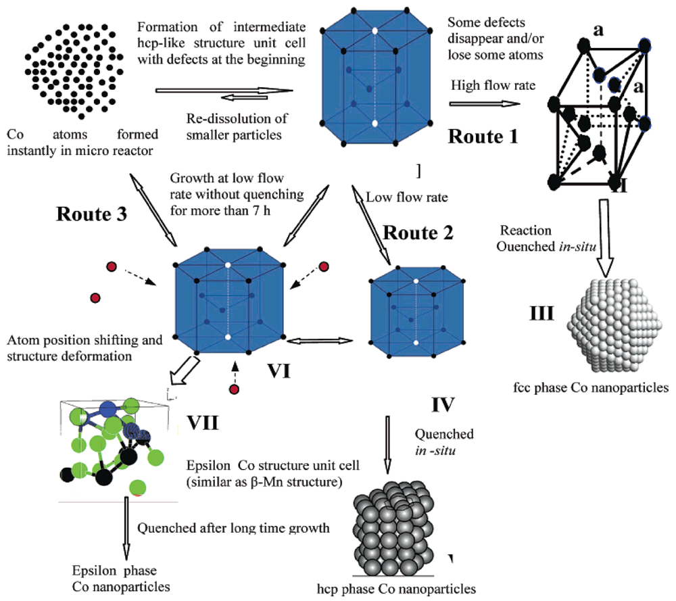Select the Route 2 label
(419, 233)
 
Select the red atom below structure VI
(234, 389)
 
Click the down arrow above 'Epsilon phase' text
(126, 529)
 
